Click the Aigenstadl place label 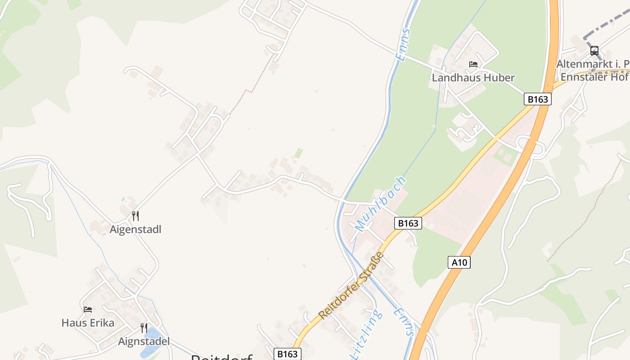pyautogui.click(x=135, y=229)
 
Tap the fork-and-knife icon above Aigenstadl pyautogui.click(x=135, y=216)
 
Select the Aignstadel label pyautogui.click(x=144, y=342)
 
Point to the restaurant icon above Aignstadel pyautogui.click(x=144, y=328)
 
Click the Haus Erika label pyautogui.click(x=88, y=323)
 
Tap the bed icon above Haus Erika pyautogui.click(x=88, y=310)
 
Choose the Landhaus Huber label pyautogui.click(x=473, y=77)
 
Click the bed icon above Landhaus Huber pyautogui.click(x=473, y=64)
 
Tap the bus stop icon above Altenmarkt pyautogui.click(x=594, y=50)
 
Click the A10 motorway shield pyautogui.click(x=459, y=262)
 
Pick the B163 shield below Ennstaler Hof pyautogui.click(x=537, y=99)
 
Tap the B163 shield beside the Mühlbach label pyautogui.click(x=408, y=223)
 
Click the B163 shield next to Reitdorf pyautogui.click(x=287, y=354)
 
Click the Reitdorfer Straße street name pyautogui.click(x=351, y=286)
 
